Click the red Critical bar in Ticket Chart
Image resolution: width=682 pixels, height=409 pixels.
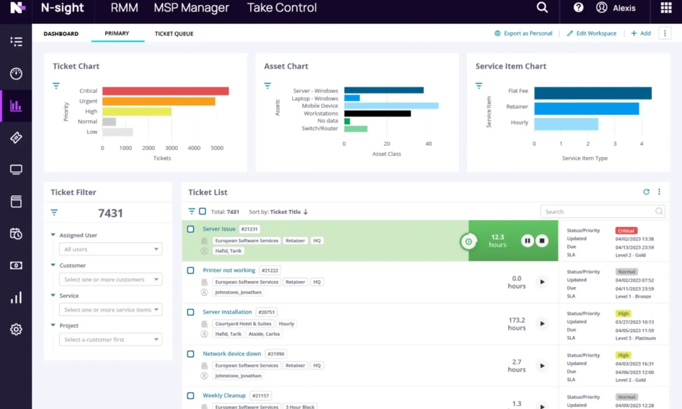pos(165,91)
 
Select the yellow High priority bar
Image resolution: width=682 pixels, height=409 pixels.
pos(136,111)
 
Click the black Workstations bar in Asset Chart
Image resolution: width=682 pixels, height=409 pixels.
pos(377,113)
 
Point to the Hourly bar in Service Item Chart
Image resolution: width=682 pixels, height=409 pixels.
pos(566,123)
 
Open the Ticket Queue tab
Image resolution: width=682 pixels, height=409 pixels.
pos(174,33)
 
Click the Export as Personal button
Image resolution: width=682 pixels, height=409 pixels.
pos(523,33)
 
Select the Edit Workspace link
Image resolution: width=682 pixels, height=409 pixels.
pos(591,33)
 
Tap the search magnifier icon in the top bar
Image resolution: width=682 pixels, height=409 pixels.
pos(542,8)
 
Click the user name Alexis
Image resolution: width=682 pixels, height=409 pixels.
pos(624,8)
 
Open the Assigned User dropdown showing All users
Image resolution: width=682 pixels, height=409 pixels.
pos(110,249)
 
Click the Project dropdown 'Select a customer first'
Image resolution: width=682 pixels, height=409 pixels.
pos(110,339)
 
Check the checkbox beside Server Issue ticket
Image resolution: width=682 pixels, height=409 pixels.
pos(191,229)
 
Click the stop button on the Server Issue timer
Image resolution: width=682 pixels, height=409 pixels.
pos(542,241)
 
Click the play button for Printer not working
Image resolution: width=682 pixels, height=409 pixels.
pos(542,282)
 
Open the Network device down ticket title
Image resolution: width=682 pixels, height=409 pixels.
pos(232,354)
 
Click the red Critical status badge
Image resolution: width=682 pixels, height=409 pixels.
pos(626,231)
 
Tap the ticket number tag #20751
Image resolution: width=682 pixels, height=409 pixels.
pos(270,312)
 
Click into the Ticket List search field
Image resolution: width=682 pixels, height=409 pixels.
pos(599,211)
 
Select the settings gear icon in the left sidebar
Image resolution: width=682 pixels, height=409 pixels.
pos(16,329)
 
